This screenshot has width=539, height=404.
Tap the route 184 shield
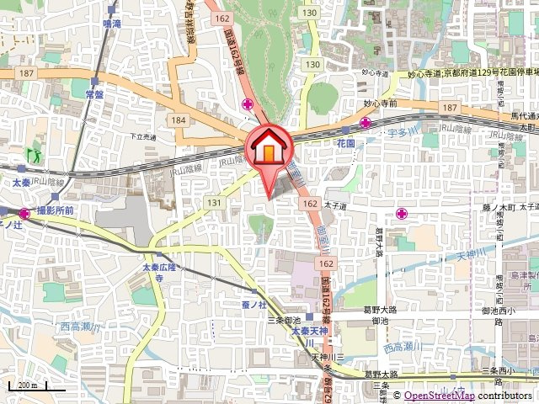[x=177, y=120]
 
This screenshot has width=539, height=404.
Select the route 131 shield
[x=214, y=203]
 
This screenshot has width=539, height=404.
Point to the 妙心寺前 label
[x=380, y=103]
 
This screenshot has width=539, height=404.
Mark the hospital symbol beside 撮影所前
[x=24, y=214]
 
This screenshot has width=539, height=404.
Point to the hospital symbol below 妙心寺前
[x=365, y=123]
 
